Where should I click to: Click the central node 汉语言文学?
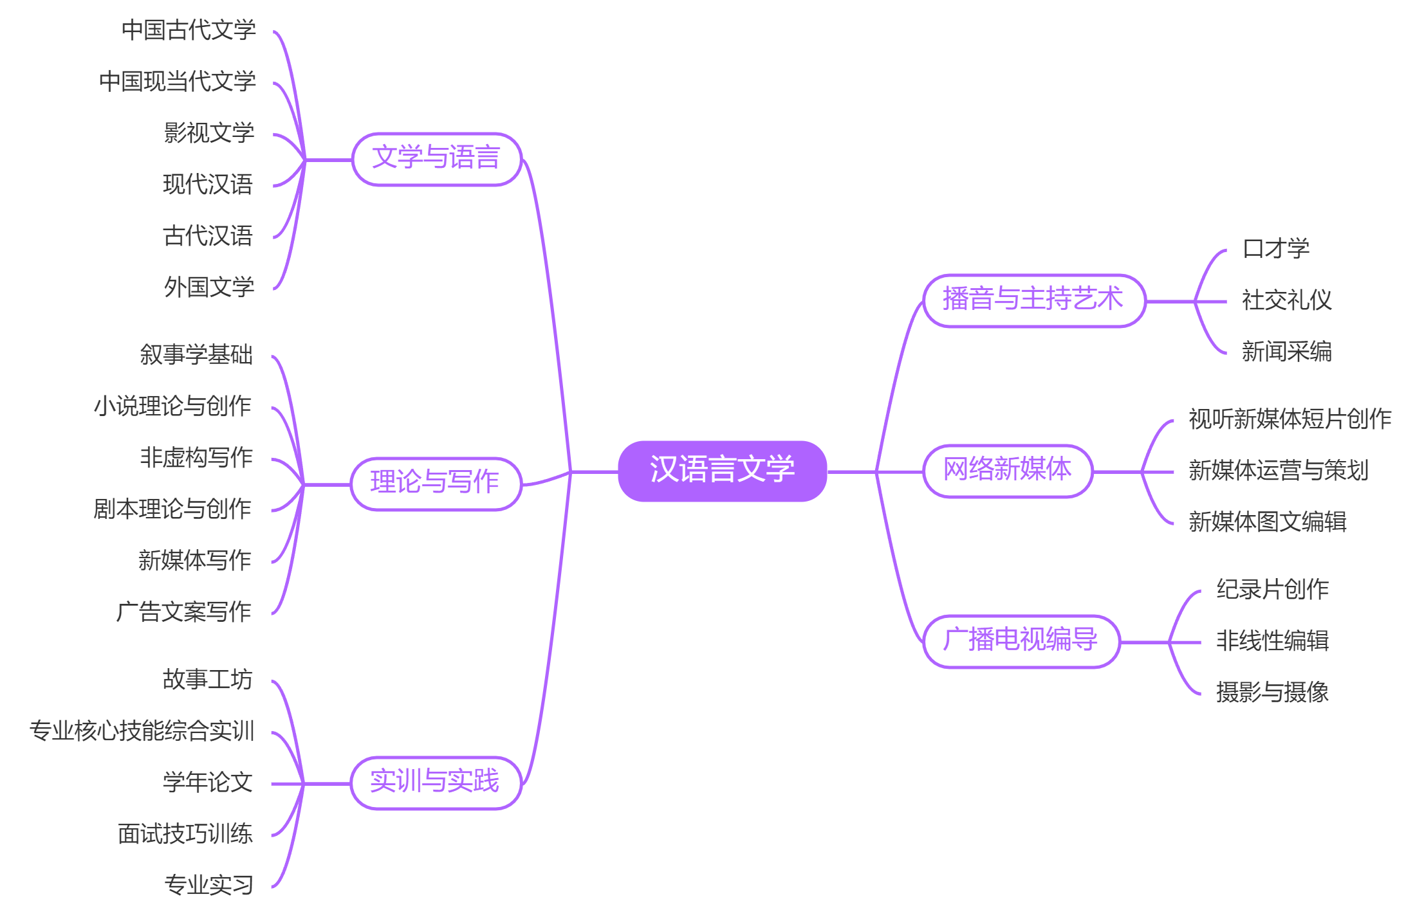(722, 470)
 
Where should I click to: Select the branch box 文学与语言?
(436, 159)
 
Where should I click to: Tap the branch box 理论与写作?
(436, 484)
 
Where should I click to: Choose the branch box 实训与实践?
(436, 783)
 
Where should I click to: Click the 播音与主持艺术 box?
(1033, 300)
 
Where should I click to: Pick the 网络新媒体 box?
(1008, 471)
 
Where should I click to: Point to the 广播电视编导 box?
(1021, 641)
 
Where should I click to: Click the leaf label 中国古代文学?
(189, 30)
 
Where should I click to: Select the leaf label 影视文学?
(209, 133)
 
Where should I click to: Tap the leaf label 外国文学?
(209, 287)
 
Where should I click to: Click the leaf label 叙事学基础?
(196, 355)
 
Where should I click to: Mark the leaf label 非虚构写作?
(196, 458)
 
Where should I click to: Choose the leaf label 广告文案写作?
(184, 612)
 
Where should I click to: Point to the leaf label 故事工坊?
(207, 680)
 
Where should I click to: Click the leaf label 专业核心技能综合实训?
(142, 731)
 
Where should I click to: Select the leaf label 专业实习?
(209, 885)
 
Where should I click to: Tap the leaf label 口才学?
(1276, 249)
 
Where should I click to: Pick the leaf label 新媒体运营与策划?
(1279, 471)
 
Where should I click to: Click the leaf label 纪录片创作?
(1272, 590)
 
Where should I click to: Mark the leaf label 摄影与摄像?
(1272, 693)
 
